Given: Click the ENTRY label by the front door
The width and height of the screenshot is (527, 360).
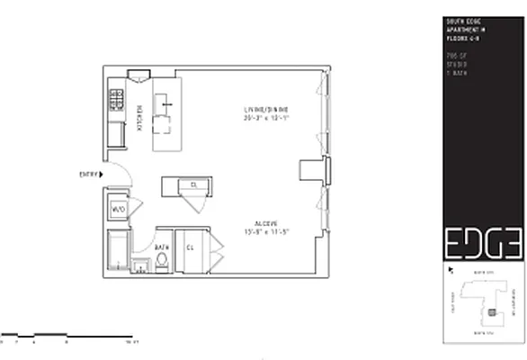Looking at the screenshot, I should coord(89,174).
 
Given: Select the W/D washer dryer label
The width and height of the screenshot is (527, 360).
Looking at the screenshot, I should coord(119,209).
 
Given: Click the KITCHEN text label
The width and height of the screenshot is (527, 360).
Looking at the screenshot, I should coord(140,118).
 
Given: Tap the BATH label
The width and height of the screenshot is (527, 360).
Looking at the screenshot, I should coord(163,247).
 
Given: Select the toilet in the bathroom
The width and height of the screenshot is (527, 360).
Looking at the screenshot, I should coord(161,262).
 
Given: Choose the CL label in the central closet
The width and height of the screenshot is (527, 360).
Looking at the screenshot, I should coord(192,185).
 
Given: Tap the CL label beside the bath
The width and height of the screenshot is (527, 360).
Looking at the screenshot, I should coord(191,247).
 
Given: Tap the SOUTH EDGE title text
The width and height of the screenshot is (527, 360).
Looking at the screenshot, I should coord(460,20).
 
